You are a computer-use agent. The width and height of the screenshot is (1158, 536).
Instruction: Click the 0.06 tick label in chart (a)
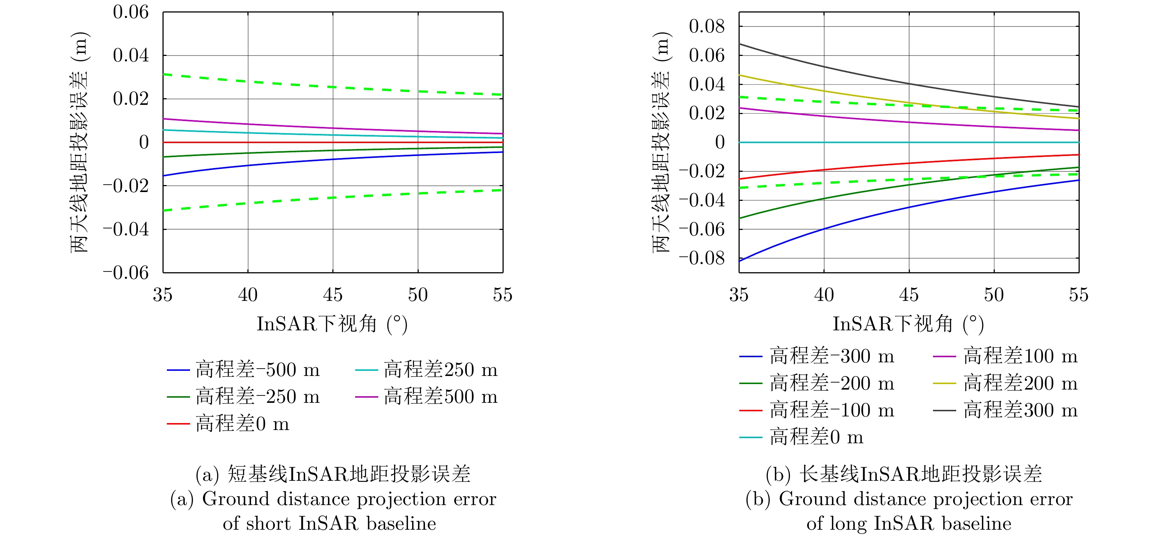point(131,12)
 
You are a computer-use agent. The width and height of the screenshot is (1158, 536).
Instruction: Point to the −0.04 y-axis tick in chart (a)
point(126,229)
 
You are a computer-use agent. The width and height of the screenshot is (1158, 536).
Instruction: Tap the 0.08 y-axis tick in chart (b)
point(707,26)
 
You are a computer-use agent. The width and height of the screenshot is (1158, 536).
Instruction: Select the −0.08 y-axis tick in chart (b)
point(702,258)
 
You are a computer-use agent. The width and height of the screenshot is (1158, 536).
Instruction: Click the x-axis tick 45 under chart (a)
point(333,295)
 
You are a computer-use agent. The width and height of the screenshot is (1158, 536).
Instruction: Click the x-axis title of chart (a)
point(332,324)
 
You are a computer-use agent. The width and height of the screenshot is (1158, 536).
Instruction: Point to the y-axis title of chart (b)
point(661,142)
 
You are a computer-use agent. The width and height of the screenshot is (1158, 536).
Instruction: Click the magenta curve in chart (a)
point(333,129)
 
